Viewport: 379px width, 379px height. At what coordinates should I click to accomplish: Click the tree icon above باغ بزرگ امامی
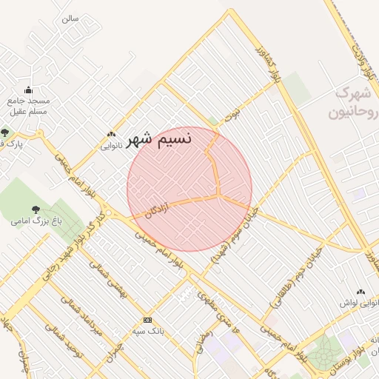pyautogui.click(x=36, y=210)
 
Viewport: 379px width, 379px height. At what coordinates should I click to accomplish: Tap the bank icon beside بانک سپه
pyautogui.click(x=147, y=320)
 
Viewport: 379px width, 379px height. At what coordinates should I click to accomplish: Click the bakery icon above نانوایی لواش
pyautogui.click(x=360, y=293)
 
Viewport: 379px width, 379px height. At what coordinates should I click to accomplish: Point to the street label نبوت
pyautogui.click(x=235, y=113)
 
